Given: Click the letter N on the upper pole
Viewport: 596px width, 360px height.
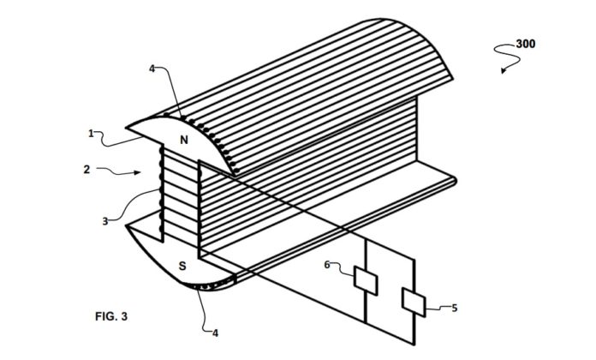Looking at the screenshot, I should click(182, 139).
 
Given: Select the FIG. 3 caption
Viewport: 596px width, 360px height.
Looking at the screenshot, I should click(110, 316).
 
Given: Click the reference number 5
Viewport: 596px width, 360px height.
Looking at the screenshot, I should click(454, 307).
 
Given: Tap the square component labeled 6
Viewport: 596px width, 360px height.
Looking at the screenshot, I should click(364, 279).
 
